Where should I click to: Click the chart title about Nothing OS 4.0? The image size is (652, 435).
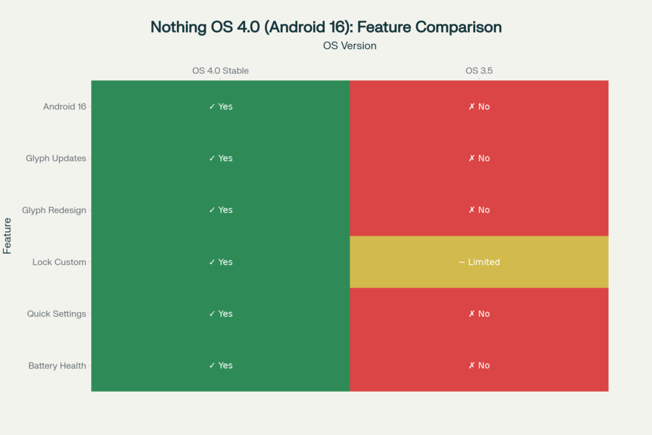[326, 27]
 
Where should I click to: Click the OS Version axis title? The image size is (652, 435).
[350, 46]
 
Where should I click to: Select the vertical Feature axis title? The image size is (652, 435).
[8, 236]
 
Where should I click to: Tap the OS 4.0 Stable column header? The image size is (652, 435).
[220, 71]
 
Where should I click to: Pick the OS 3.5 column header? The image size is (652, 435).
[479, 71]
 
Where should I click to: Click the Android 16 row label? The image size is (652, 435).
[64, 106]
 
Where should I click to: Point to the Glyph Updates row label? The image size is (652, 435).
[56, 158]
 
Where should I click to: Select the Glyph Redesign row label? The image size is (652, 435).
[54, 210]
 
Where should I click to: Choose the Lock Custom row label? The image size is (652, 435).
[59, 262]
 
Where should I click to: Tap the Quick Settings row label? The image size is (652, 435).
[57, 313]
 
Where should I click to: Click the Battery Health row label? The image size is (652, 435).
[57, 366]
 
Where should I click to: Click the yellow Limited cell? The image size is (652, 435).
[479, 262]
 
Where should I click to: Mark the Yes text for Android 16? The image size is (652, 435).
[221, 106]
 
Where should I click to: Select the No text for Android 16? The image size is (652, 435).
[479, 106]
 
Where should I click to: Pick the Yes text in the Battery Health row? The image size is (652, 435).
[221, 366]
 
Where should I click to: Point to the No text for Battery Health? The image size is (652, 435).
[479, 366]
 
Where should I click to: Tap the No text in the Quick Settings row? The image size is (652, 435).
[479, 313]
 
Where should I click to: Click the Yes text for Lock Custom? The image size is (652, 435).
[221, 262]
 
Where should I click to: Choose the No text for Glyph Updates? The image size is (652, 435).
[479, 158]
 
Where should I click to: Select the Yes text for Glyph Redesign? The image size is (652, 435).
[221, 210]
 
